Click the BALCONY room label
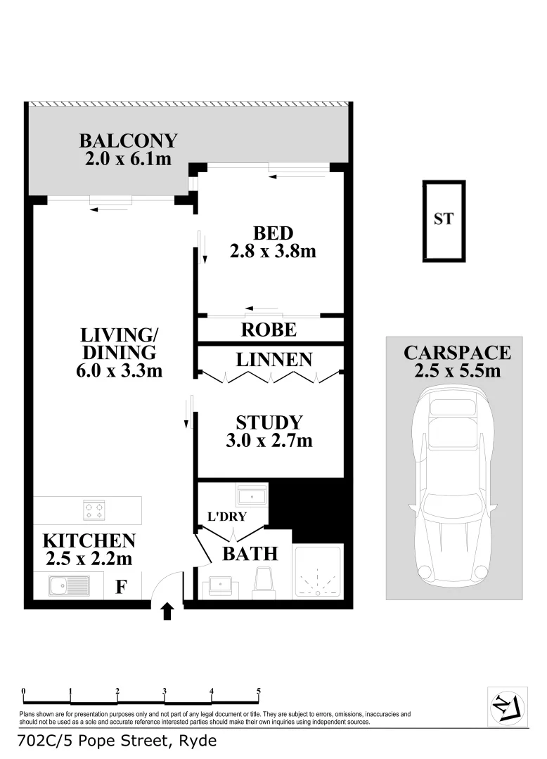128,140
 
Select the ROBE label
269,330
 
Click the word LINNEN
273,361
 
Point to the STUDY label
269,423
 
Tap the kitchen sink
68,585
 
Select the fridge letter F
120,587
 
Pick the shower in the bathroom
318,571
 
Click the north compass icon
508,704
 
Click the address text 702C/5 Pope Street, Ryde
117,741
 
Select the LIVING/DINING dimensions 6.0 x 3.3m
119,370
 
